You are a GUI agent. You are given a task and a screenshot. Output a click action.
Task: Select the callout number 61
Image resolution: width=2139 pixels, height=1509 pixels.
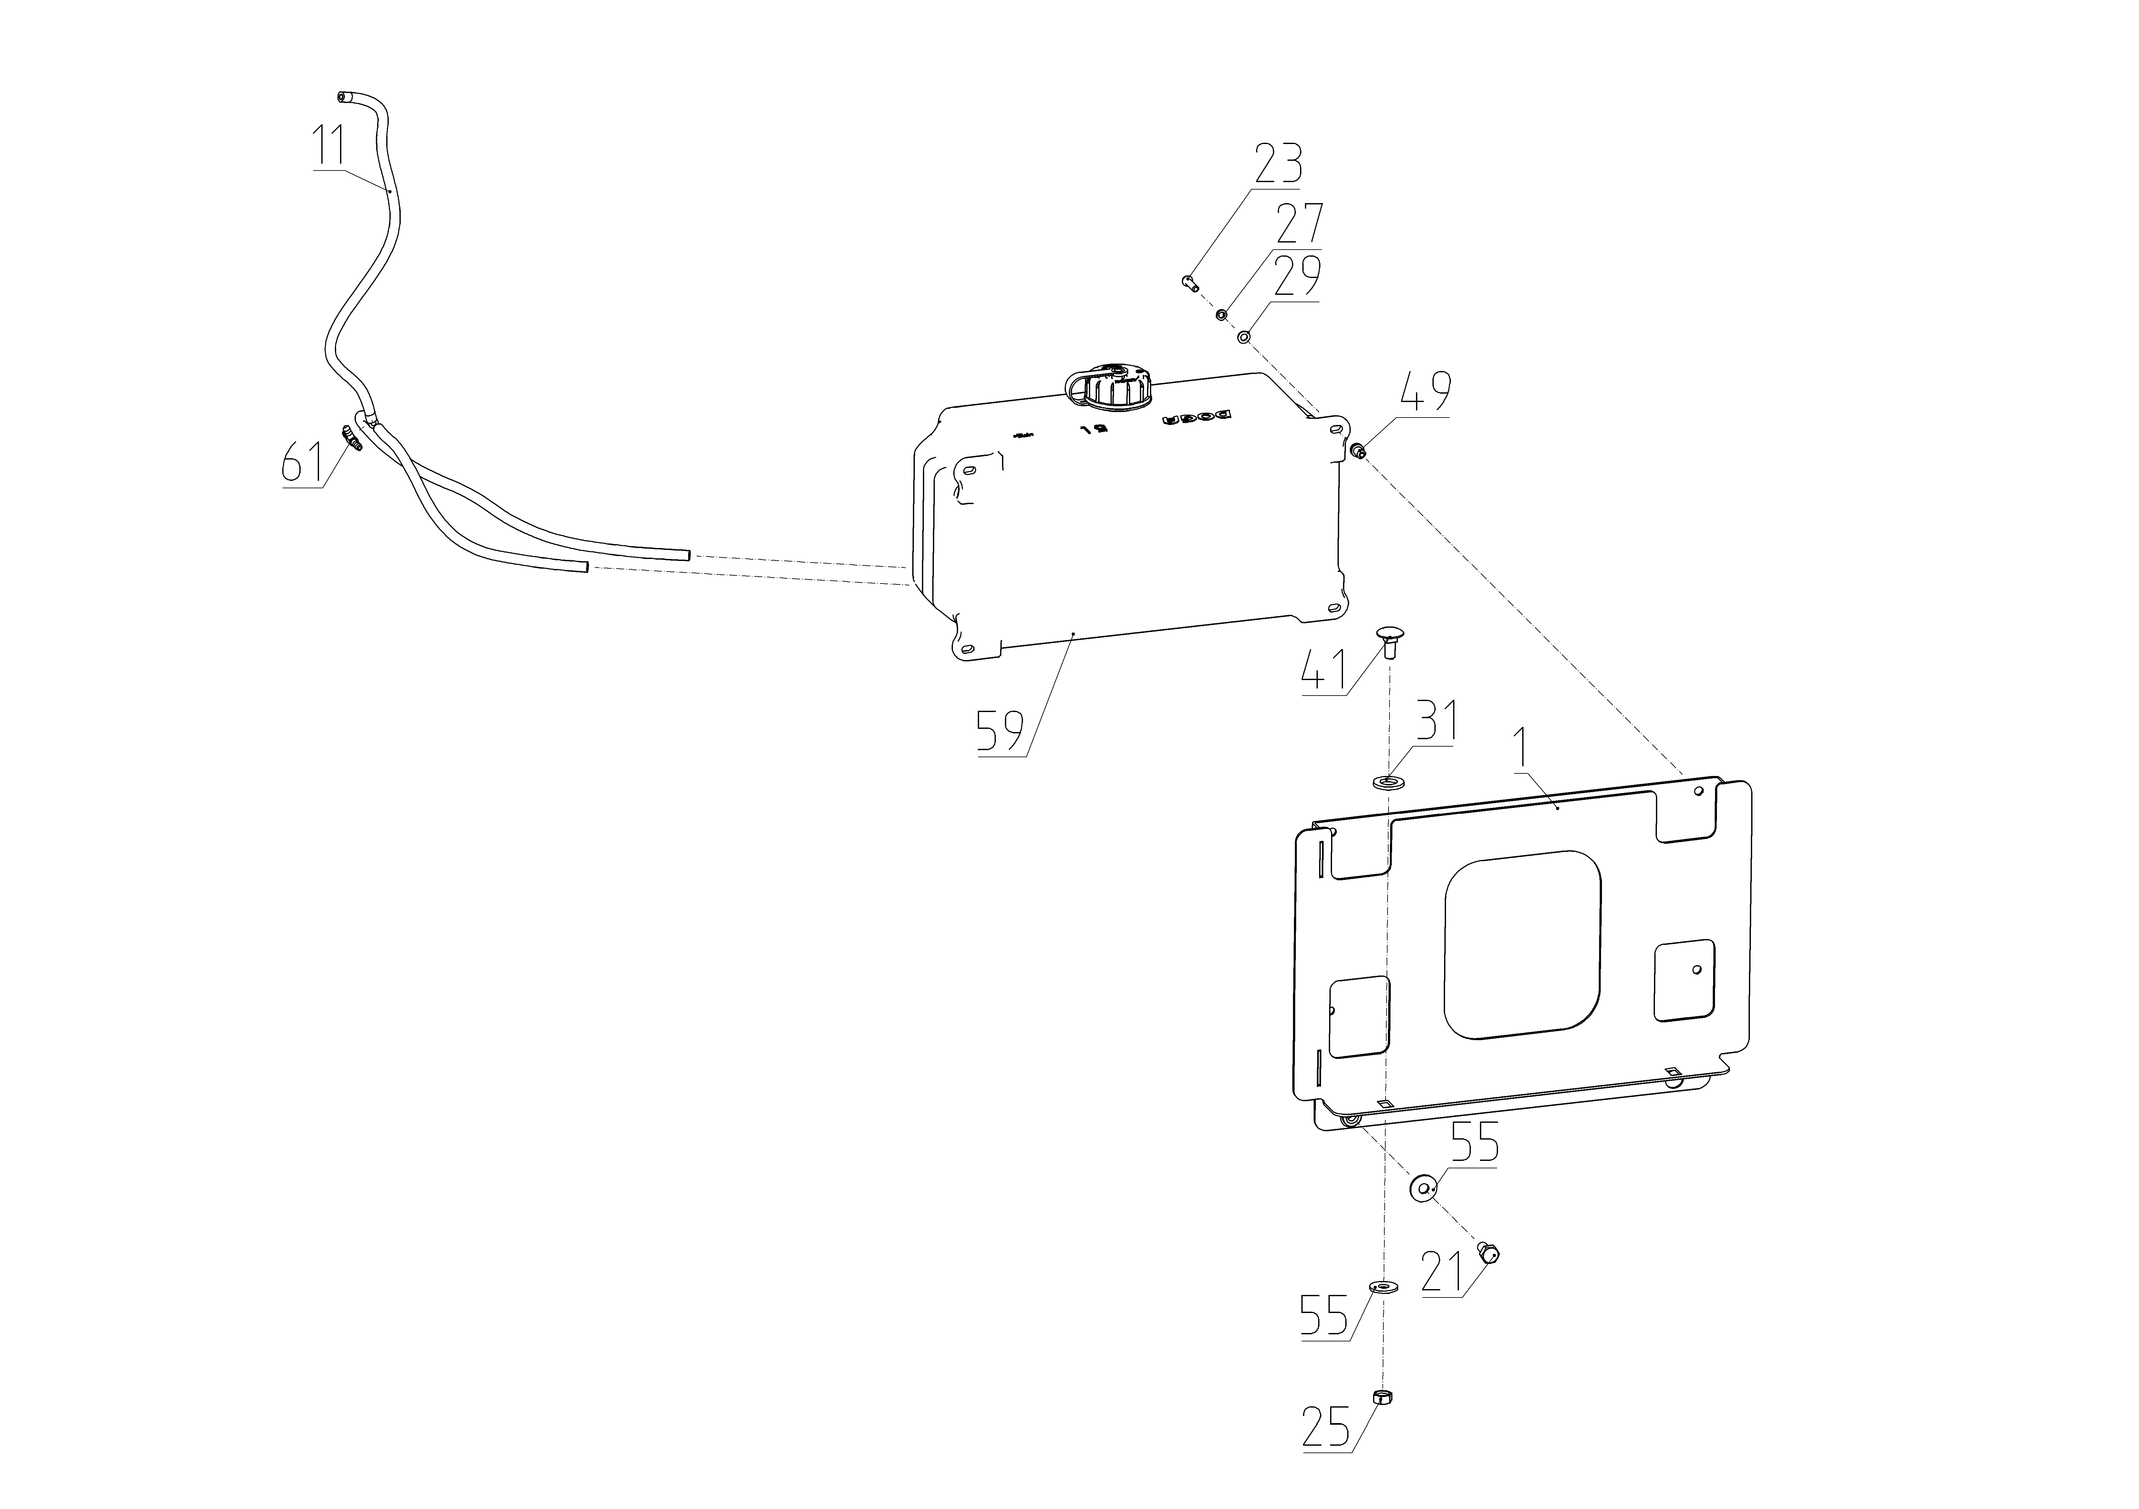point(303,463)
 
